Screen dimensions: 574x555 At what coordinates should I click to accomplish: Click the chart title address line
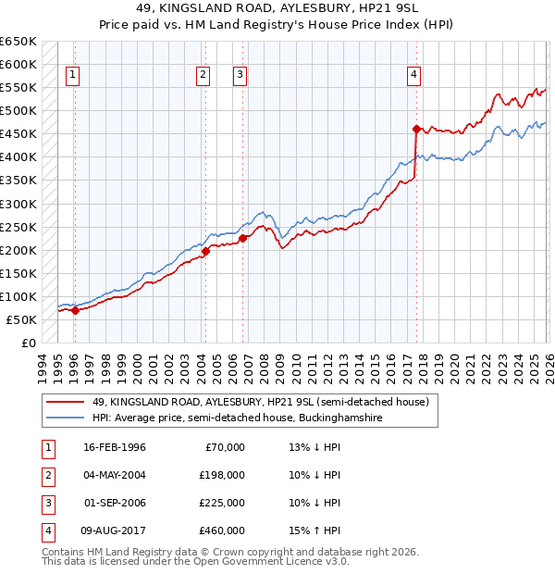tap(277, 9)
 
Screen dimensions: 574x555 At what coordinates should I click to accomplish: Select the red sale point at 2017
tap(416, 129)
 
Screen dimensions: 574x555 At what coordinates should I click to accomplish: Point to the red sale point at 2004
tap(205, 250)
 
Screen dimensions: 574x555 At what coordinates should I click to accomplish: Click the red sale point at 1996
tap(75, 310)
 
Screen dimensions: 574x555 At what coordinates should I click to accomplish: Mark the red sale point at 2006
tap(242, 238)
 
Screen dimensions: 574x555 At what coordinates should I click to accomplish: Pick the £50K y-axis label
tap(21, 319)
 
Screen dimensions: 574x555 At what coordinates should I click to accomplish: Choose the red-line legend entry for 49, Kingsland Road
tap(259, 403)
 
